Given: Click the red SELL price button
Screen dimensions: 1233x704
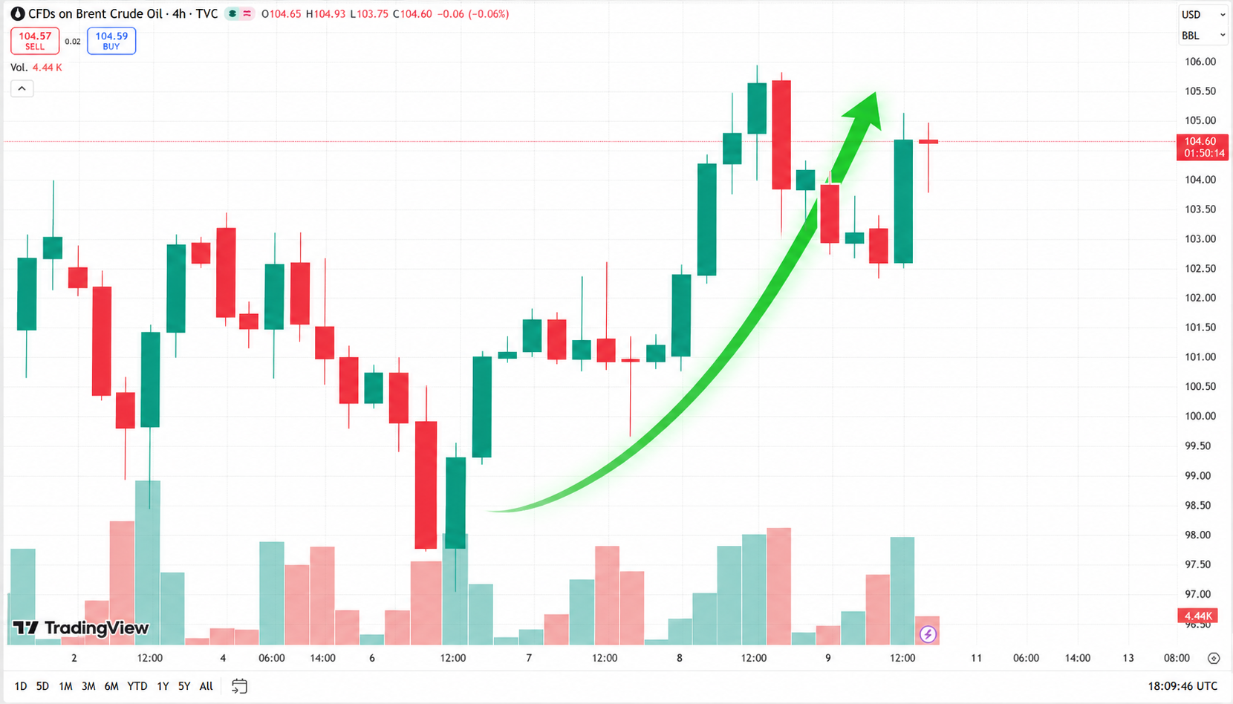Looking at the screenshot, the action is pos(35,41).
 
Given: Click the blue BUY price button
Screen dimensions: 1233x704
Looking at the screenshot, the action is pos(111,41).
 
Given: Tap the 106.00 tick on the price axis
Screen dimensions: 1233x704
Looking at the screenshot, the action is pos(1200,61).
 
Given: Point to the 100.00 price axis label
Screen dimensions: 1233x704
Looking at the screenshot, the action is pos(1200,416).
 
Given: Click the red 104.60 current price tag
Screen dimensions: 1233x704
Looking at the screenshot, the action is pos(1202,147).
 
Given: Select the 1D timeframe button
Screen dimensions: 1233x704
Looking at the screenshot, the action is pos(20,686).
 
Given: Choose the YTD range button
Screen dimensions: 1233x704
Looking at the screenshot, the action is pos(137,686).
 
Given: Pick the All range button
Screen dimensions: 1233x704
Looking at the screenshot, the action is pos(206,686).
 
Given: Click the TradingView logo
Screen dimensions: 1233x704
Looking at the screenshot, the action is pos(80,628).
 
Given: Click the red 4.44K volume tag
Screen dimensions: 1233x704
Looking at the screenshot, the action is pos(1202,616).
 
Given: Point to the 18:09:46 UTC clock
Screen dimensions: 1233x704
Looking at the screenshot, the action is pos(1182,686).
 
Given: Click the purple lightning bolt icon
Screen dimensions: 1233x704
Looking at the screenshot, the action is pos(928,634).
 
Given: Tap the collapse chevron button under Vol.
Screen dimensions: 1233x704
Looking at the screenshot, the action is pos(22,88).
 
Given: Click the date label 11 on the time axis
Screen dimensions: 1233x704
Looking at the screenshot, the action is pos(976,658).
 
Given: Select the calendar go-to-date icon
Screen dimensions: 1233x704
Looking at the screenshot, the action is pos(239,686).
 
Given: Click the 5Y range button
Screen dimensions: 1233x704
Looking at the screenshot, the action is pos(184,686).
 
